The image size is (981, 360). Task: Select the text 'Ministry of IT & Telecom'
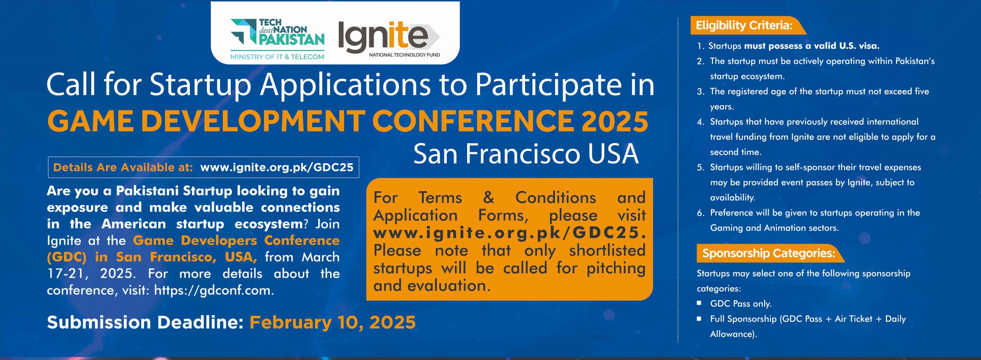tap(277, 57)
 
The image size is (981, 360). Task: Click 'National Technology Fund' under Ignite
tap(404, 55)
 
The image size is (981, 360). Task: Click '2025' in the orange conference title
tap(615, 121)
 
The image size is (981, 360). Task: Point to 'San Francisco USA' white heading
tap(526, 154)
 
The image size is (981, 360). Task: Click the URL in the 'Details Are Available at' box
tap(277, 168)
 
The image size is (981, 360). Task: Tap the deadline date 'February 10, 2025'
tap(333, 322)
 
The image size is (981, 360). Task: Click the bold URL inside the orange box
tap(510, 233)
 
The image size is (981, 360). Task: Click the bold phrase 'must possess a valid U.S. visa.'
tap(812, 46)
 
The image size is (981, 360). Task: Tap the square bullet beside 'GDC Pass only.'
tap(699, 303)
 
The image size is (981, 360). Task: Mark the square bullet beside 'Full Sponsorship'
tap(699, 318)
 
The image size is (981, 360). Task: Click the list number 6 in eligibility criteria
tap(700, 213)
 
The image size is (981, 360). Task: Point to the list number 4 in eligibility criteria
tap(700, 122)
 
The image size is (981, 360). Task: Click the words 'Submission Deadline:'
tap(145, 322)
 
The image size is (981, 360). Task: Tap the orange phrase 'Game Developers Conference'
tap(236, 240)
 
